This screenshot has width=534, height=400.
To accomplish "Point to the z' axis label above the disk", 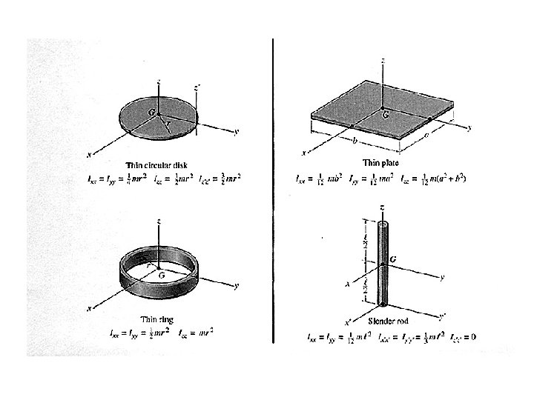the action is coord(197,87).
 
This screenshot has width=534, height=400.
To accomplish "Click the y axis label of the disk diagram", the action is coord(235,132).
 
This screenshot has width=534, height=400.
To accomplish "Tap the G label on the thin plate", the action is coord(386,115).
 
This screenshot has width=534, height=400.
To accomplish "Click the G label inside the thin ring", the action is coord(159,273).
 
